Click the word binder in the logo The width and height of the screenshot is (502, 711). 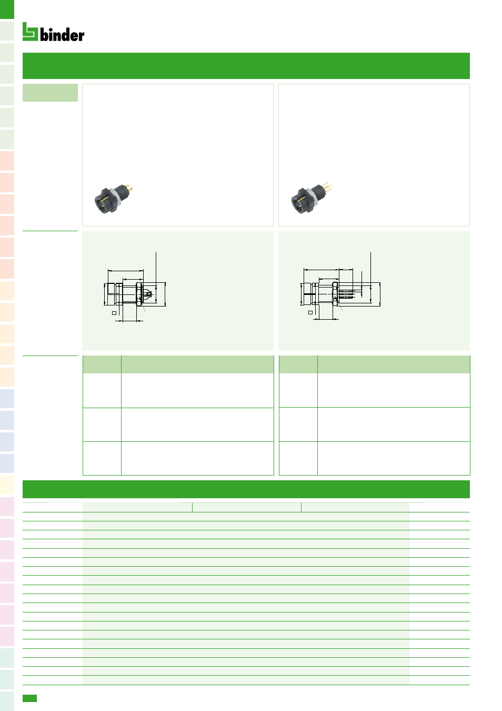tap(62, 34)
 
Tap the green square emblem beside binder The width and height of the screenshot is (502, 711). tap(30, 32)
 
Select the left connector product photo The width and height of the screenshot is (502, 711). tap(113, 199)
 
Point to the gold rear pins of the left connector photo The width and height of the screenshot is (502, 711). tap(129, 190)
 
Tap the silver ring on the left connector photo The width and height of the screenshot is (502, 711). tap(118, 197)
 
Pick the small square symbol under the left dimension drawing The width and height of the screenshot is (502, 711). tap(114, 313)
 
